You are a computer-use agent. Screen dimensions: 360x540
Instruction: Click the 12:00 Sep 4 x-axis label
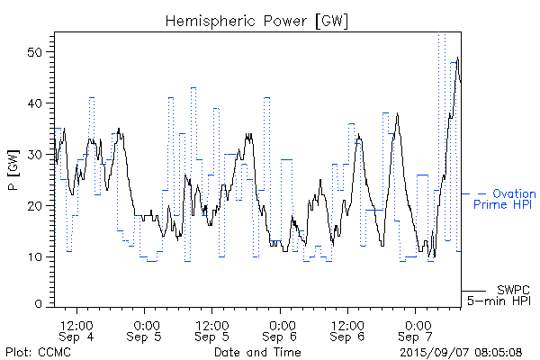pyautogui.click(x=76, y=329)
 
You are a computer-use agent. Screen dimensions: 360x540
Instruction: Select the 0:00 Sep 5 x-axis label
pyautogui.click(x=146, y=329)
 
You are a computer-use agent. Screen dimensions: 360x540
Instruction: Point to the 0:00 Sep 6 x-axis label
pyautogui.click(x=282, y=329)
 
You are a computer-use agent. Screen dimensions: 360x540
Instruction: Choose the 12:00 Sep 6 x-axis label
pyautogui.click(x=347, y=329)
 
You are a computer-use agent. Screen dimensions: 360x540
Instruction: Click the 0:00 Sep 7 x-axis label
pyautogui.click(x=417, y=329)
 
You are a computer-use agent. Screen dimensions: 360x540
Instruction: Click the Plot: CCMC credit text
pyautogui.click(x=35, y=351)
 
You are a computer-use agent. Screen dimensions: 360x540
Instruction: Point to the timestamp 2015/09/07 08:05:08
pyautogui.click(x=461, y=351)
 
